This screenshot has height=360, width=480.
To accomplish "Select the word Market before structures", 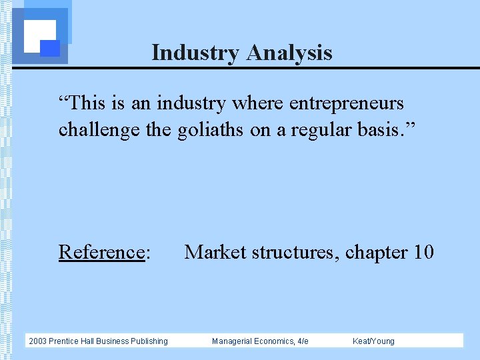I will pyautogui.click(x=213, y=252).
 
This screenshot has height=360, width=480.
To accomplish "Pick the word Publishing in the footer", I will pyautogui.click(x=148, y=341).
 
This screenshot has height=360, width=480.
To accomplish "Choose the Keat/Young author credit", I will pyautogui.click(x=373, y=341).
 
